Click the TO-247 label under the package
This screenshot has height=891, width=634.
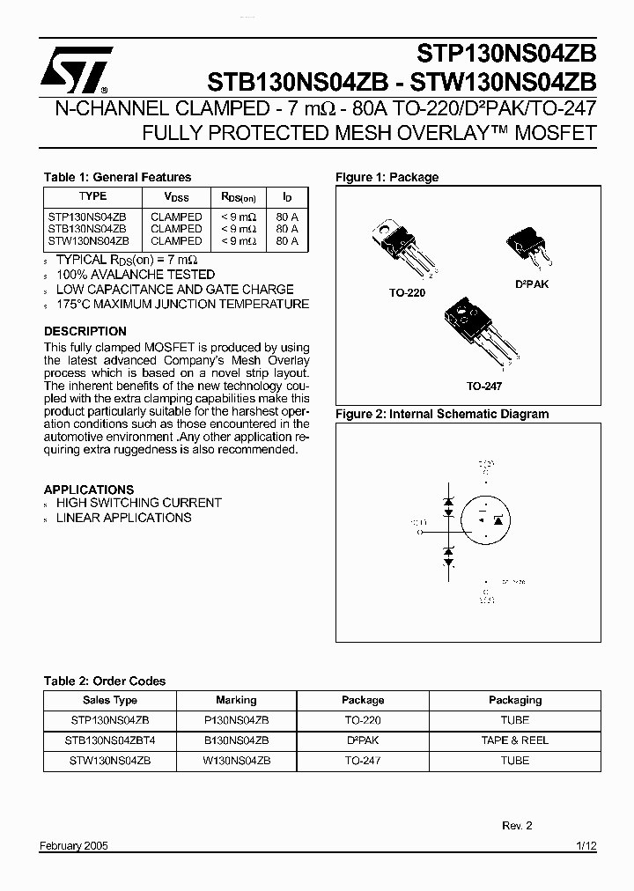tap(484, 386)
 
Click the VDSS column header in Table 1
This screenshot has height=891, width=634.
tap(176, 198)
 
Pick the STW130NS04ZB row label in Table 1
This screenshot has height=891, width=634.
tap(88, 240)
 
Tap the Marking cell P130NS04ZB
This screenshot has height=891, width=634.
tap(236, 719)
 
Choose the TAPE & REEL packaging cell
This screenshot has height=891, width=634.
tap(514, 740)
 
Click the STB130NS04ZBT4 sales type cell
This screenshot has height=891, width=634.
tap(109, 740)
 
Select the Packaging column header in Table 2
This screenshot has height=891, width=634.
tap(514, 700)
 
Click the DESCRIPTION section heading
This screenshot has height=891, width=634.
tap(85, 331)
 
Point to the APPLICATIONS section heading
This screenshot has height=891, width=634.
tap(89, 490)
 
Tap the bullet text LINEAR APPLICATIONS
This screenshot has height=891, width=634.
tap(123, 518)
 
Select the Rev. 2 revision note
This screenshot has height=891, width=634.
tap(517, 825)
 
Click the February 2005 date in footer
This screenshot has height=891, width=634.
tap(74, 845)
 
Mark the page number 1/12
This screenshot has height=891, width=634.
tap(586, 845)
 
